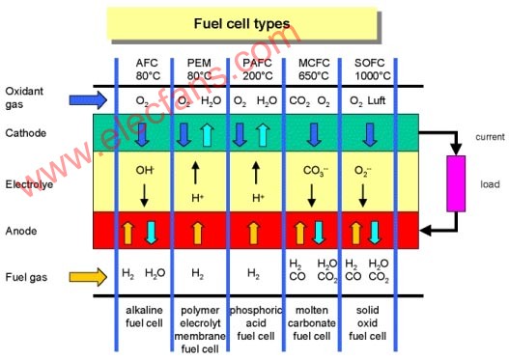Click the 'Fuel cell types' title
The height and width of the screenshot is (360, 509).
241,24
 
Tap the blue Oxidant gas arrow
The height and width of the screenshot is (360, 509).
88,99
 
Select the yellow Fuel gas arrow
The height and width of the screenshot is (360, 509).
88,277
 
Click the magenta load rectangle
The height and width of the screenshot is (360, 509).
456,183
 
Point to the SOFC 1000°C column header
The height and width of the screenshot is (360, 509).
372,69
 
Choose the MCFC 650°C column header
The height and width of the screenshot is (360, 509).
314,69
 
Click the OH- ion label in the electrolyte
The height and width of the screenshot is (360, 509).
145,170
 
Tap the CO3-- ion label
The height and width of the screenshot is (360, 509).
315,171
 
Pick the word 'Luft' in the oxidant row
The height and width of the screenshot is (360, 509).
377,100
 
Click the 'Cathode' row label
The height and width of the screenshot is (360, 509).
26,133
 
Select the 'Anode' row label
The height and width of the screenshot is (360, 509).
21,231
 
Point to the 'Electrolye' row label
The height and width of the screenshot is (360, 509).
29,184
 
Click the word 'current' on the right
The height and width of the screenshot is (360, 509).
490,137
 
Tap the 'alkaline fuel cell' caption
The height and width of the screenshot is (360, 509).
144,317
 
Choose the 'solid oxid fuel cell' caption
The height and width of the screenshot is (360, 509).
367,323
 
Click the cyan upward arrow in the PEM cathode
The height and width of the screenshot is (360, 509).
207,134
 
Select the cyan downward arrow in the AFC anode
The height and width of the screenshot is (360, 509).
151,233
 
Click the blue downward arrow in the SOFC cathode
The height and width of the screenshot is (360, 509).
370,134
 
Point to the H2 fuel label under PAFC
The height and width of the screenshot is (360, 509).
253,274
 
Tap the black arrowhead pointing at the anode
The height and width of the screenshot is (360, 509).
426,231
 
